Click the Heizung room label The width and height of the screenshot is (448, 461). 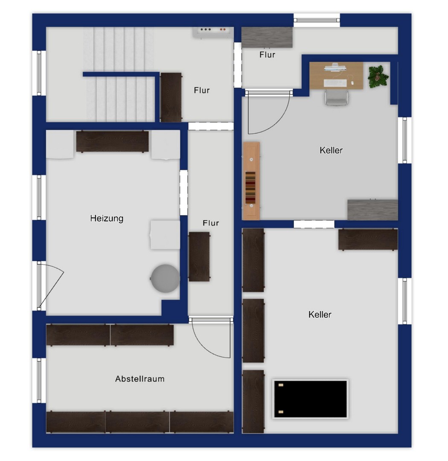[x=106, y=219]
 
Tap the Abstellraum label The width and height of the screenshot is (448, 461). [x=140, y=379]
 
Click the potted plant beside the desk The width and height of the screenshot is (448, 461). [x=378, y=76]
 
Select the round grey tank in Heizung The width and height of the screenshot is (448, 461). [x=165, y=278]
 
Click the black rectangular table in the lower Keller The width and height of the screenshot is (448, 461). [x=311, y=399]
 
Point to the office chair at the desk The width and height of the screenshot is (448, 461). [x=336, y=97]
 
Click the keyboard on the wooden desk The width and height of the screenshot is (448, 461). [x=335, y=83]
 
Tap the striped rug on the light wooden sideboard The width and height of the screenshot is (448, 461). [x=250, y=187]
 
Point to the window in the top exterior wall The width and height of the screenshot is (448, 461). [x=317, y=20]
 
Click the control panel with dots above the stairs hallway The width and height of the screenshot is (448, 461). [x=213, y=32]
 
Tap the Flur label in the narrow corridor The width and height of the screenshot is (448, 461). [x=211, y=223]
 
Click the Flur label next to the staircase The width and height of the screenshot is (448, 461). [x=202, y=90]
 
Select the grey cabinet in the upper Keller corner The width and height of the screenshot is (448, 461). [x=373, y=210]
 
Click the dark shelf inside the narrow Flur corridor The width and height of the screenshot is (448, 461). [x=199, y=257]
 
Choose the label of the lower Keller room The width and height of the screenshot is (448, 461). [x=320, y=315]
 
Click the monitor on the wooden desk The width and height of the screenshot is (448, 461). [x=335, y=67]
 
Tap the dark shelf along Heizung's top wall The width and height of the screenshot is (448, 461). [x=112, y=141]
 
